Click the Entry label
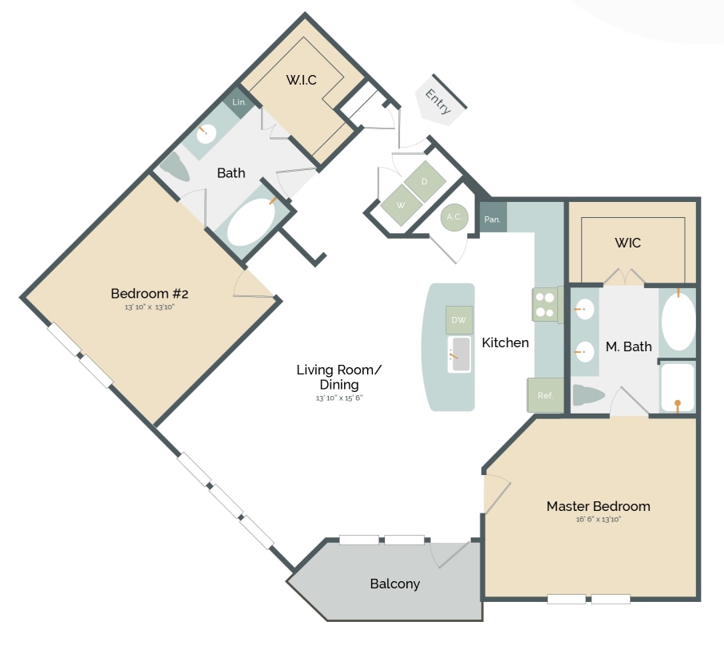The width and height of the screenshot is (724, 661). click(x=438, y=102)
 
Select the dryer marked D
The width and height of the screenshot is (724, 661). click(x=425, y=181)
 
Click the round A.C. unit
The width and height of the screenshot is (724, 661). click(x=454, y=216)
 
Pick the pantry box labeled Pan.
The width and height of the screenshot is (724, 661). click(x=493, y=219)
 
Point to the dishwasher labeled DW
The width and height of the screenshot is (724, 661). click(x=459, y=320)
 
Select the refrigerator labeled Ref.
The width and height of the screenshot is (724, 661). click(x=545, y=395)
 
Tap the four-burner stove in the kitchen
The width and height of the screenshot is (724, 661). click(x=544, y=304)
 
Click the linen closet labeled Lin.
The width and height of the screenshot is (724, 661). click(x=239, y=103)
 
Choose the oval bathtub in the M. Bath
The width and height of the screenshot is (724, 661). click(x=678, y=322)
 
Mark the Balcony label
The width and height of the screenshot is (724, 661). click(x=394, y=584)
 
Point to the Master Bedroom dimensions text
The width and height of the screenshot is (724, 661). click(x=598, y=520)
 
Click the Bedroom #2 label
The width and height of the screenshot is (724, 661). click(x=149, y=293)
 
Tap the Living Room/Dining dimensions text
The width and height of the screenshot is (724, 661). click(x=338, y=398)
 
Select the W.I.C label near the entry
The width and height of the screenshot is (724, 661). click(x=302, y=80)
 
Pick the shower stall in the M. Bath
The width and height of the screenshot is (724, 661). click(x=677, y=387)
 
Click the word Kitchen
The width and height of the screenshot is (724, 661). click(x=505, y=342)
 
